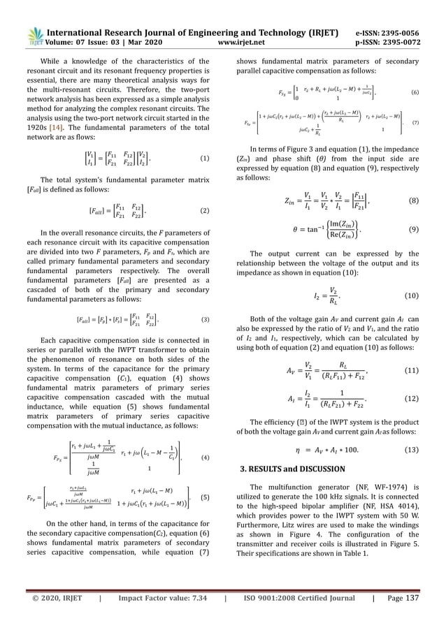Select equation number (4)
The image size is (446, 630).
click(205, 457)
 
